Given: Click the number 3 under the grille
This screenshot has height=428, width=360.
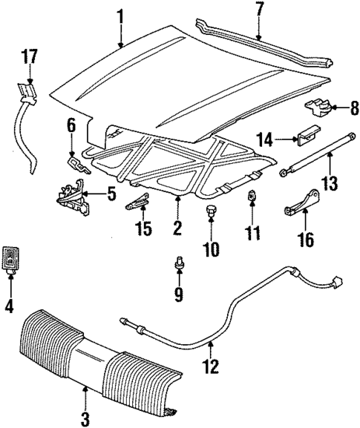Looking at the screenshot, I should (85, 418).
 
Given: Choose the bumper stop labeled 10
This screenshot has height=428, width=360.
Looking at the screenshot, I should (212, 213).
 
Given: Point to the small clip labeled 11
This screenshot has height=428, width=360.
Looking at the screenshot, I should (252, 197).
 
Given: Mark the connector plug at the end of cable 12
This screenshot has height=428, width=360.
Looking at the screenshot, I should (337, 282).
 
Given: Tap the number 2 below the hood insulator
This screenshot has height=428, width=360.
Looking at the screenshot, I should (177, 228).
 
